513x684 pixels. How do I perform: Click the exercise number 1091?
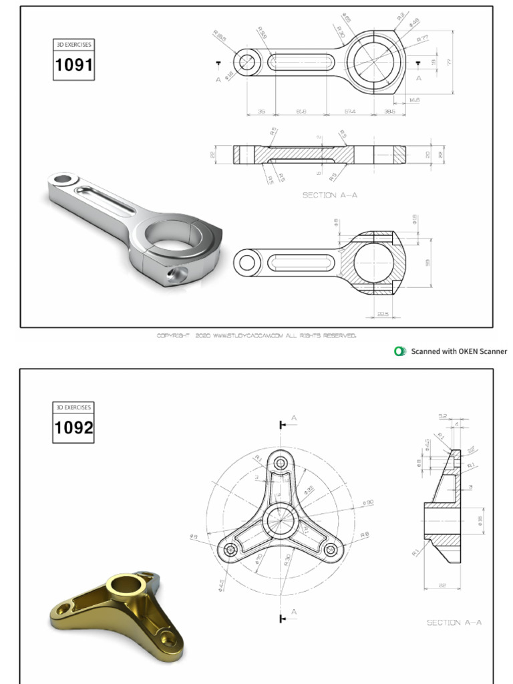pos(73,65)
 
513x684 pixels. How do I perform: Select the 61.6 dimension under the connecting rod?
pos(301,112)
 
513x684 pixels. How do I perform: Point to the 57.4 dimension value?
pos(349,112)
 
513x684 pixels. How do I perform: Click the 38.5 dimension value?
pos(390,112)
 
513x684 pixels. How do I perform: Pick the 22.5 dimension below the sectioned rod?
pos(382,313)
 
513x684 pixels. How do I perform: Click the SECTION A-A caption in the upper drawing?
pos(330,195)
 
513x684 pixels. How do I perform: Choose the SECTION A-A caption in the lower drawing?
pos(454,623)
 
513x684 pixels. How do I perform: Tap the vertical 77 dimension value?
pos(450,62)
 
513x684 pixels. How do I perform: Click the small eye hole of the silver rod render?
pos(64,179)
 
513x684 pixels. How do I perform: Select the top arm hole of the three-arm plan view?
pos(281,462)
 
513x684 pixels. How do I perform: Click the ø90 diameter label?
pos(367,502)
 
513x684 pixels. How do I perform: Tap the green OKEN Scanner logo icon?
pos(400,351)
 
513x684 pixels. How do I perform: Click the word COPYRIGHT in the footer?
pos(174,335)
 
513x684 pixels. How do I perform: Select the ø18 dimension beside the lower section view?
pos(415,219)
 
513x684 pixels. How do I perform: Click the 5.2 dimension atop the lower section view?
pos(443,415)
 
